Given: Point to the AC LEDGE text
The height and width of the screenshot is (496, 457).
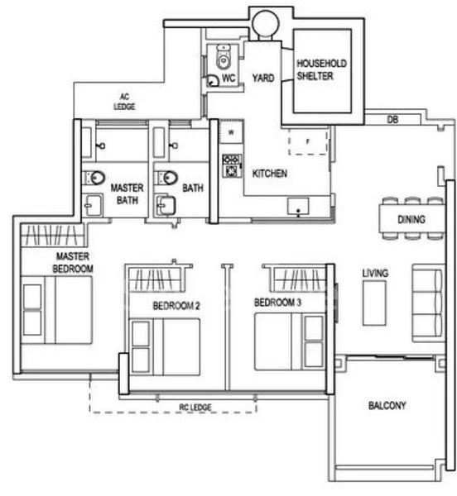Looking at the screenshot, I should (x=125, y=103).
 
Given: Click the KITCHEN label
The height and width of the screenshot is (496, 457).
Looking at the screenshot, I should (x=270, y=174).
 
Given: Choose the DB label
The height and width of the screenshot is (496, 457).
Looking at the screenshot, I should (x=393, y=120).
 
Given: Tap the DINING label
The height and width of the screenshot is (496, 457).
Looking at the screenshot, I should (x=411, y=220).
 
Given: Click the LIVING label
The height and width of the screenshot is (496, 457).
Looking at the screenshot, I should (x=375, y=273).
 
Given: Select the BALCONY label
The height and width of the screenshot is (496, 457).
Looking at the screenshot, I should (x=387, y=406).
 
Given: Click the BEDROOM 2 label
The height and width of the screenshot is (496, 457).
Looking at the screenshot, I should (x=176, y=306).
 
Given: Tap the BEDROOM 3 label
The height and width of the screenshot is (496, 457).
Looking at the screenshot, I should (x=277, y=303).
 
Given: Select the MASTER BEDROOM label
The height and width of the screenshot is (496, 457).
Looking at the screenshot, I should (x=74, y=262).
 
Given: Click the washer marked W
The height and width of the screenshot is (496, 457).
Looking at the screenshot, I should (x=231, y=132).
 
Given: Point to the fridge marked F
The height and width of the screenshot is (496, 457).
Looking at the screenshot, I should (x=306, y=141).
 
